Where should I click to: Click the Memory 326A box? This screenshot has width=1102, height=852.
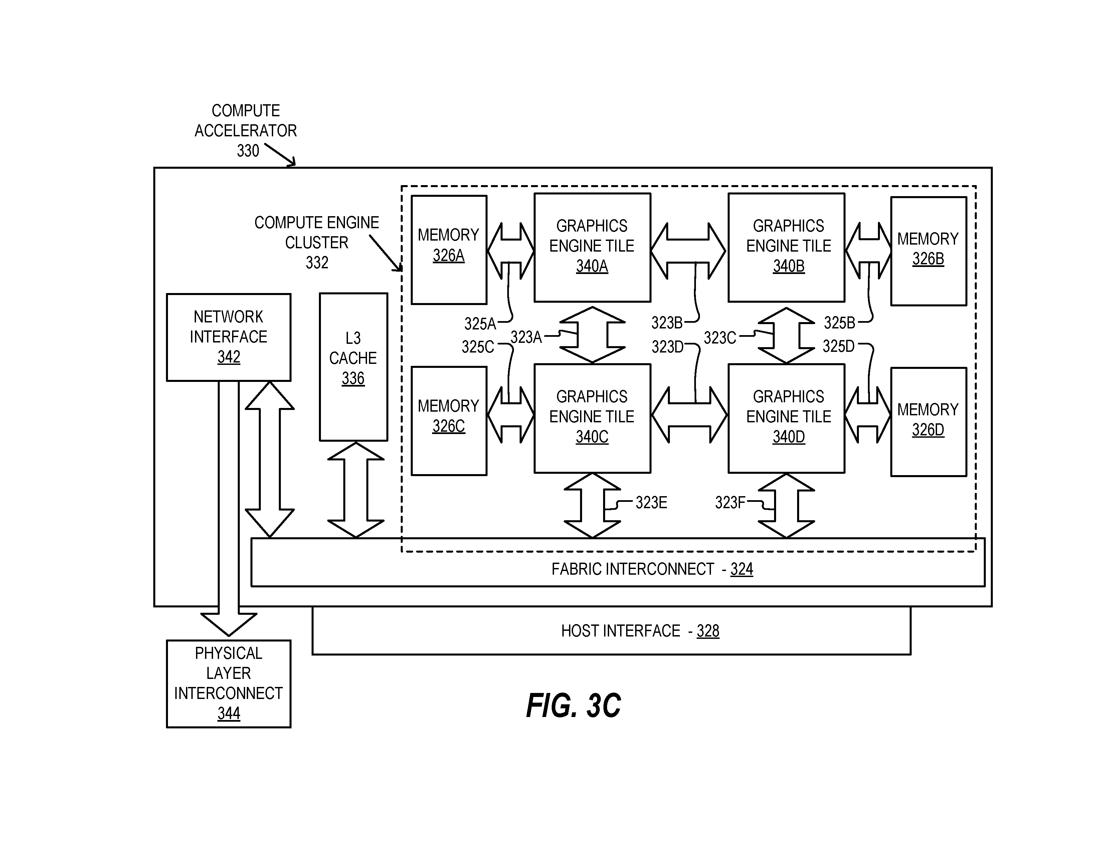(x=448, y=250)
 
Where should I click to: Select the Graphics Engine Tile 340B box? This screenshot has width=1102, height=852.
(x=786, y=247)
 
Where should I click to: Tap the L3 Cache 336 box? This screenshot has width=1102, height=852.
(x=353, y=367)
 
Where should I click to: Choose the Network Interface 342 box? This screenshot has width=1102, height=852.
(x=228, y=337)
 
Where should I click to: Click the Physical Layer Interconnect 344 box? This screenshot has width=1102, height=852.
(x=228, y=684)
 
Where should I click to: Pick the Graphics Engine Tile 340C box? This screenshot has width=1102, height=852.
(x=592, y=418)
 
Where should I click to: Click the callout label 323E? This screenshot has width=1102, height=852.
(x=651, y=503)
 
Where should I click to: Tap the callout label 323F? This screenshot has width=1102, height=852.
(x=730, y=503)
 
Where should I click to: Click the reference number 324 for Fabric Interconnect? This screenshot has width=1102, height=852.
(x=742, y=569)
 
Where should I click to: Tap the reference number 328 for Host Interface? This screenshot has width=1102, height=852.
(x=708, y=631)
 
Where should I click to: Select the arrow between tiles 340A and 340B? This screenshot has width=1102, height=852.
(x=689, y=251)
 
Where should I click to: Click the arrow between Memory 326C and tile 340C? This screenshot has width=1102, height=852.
(x=511, y=415)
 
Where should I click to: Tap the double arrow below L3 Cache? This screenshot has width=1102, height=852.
(x=356, y=489)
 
